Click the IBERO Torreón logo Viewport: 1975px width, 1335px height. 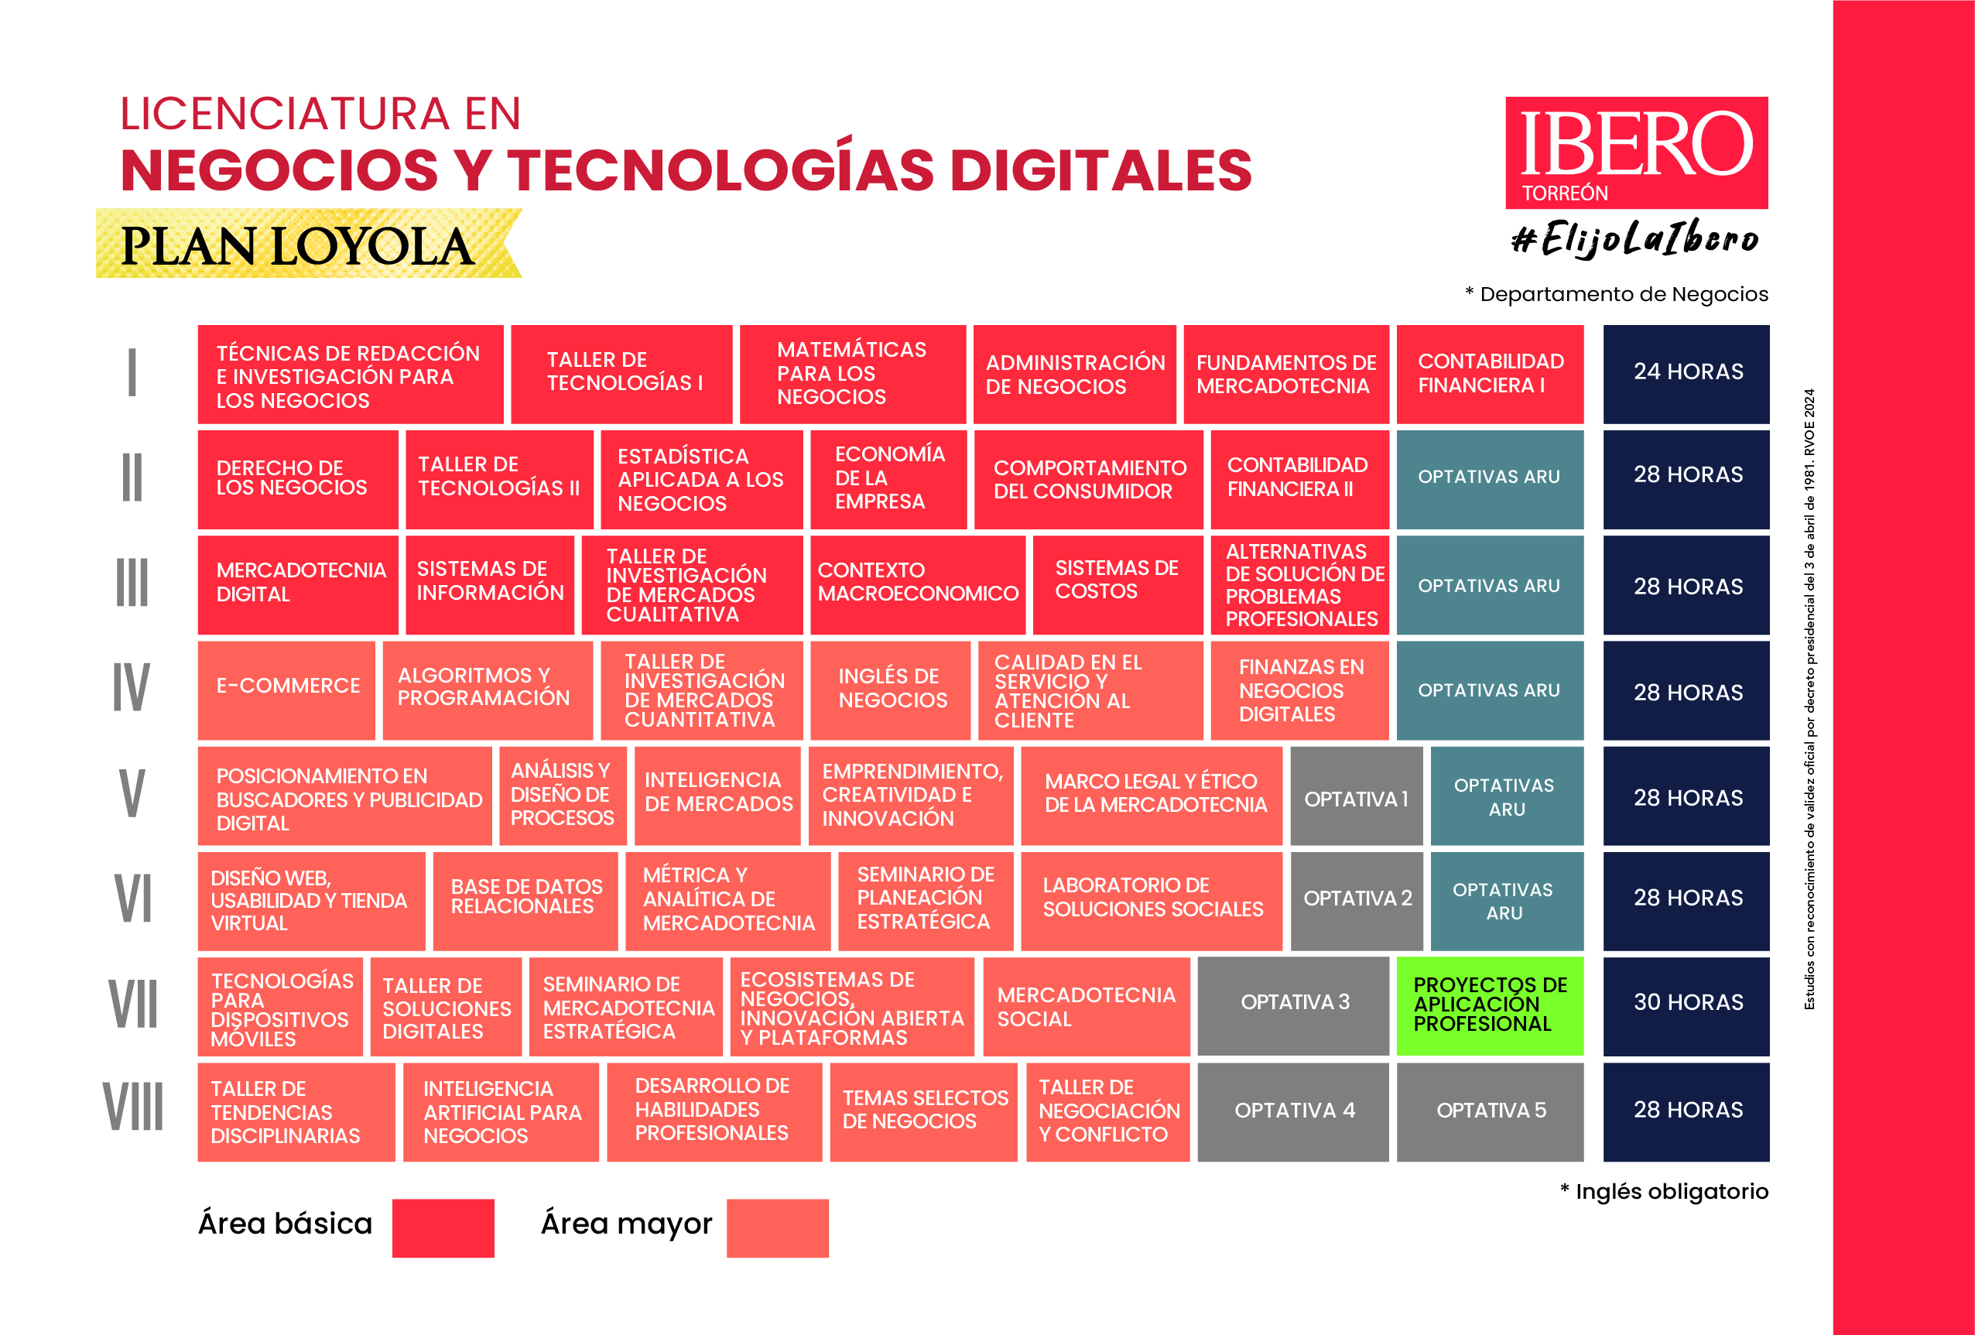[x=1636, y=153]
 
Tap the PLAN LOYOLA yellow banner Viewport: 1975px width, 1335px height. [x=306, y=245]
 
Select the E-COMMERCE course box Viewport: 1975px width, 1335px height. [x=286, y=690]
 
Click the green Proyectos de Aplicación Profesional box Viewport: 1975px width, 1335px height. [x=1490, y=1006]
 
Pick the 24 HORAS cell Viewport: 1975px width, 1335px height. [x=1686, y=373]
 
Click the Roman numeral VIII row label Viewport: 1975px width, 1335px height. [x=133, y=1107]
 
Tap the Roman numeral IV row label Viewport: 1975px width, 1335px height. [x=132, y=687]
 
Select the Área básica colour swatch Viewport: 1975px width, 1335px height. [x=443, y=1227]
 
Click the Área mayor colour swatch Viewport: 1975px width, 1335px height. [x=777, y=1227]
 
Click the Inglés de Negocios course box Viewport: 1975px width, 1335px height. [x=890, y=690]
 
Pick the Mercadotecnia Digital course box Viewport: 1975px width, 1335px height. [x=297, y=584]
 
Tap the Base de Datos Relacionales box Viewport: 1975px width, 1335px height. [x=525, y=901]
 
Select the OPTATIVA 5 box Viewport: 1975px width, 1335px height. [x=1490, y=1111]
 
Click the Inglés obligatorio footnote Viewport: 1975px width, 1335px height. [x=1664, y=1191]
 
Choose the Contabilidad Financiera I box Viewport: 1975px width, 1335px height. [x=1490, y=374]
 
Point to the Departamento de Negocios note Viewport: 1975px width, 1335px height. [x=1617, y=294]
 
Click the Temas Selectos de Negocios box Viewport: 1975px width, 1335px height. [x=924, y=1111]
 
